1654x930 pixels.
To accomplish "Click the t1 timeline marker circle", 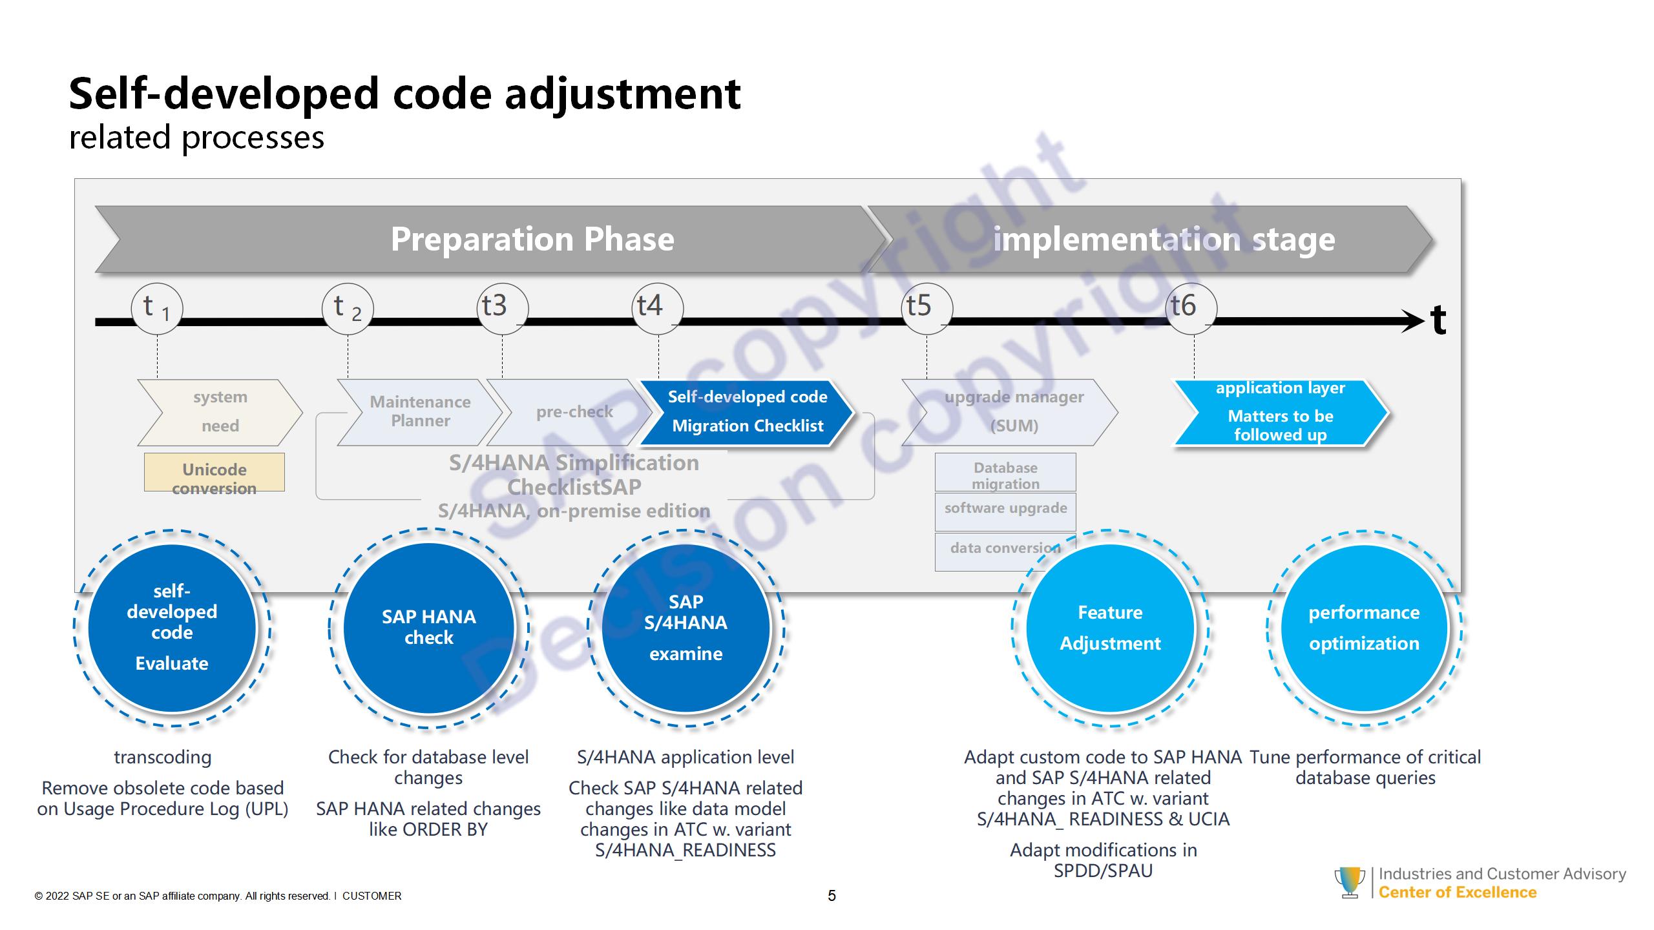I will point(157,308).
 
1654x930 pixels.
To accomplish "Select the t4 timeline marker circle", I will point(657,308).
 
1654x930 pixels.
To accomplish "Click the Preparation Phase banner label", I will point(532,240).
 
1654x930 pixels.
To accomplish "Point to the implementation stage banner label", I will point(1164,240).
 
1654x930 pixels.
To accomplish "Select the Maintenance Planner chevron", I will point(420,412).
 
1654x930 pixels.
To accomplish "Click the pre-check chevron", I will point(574,412).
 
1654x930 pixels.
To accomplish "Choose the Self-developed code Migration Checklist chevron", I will point(747,412).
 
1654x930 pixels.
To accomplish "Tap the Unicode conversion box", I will point(214,472).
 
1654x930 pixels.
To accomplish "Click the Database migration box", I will point(1005,472).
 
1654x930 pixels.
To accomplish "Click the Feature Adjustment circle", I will point(1110,628).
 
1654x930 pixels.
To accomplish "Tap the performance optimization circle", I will point(1364,628).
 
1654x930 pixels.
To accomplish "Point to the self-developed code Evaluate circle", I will point(172,628).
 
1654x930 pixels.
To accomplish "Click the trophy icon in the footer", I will point(1350,882).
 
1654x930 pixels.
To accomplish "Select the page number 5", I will point(832,896).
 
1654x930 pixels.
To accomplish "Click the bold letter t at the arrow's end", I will point(1438,320).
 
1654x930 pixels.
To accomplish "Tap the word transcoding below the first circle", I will point(163,757).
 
